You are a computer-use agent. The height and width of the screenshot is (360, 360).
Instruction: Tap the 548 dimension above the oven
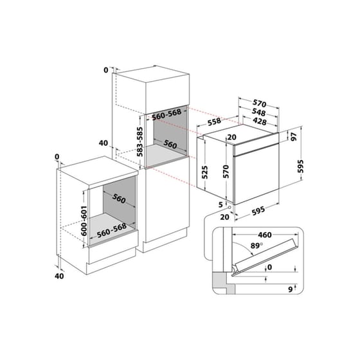[x=258, y=111]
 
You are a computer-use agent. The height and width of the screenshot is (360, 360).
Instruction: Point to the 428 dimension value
[x=258, y=121]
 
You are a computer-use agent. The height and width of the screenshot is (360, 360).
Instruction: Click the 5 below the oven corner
[x=220, y=204]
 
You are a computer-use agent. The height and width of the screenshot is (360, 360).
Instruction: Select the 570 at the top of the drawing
[x=258, y=102]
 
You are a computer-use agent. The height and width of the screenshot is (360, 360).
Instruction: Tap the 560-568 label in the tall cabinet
[x=166, y=113]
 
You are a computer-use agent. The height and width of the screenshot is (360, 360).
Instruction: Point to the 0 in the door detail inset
[x=269, y=267]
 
